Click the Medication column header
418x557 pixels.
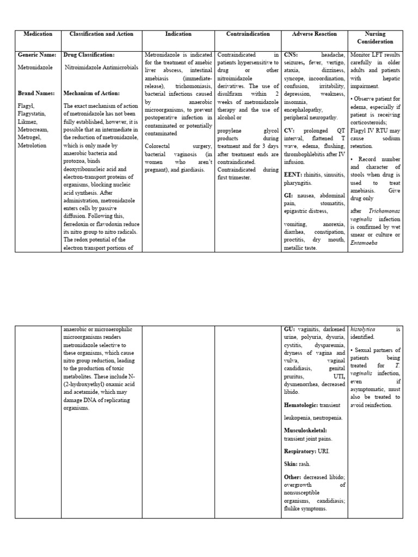[x=38, y=34]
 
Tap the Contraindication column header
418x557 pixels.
[x=248, y=34]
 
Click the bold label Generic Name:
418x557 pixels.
[x=36, y=55]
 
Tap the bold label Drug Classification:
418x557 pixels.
[x=89, y=55]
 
